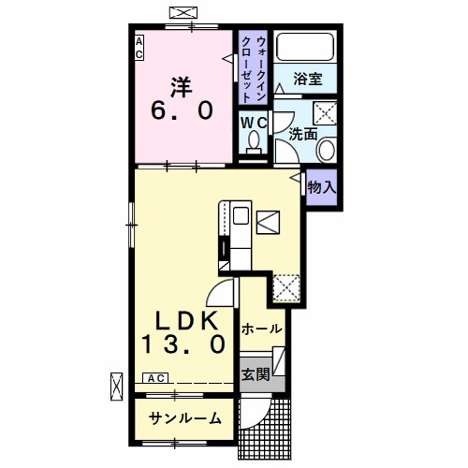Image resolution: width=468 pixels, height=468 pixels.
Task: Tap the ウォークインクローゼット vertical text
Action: click(253, 66)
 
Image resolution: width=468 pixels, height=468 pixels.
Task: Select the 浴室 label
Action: click(306, 80)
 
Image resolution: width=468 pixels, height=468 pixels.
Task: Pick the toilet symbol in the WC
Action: click(252, 143)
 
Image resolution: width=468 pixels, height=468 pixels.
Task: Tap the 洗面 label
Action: click(301, 133)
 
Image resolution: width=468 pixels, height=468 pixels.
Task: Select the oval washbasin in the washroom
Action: click(327, 150)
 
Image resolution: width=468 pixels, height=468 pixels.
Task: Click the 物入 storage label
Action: click(321, 186)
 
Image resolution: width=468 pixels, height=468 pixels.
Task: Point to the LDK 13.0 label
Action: click(184, 329)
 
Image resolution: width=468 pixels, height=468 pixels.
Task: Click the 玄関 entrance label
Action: click(255, 373)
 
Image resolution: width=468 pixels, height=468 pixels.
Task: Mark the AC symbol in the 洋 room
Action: click(139, 48)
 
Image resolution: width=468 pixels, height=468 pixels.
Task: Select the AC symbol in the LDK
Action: click(155, 378)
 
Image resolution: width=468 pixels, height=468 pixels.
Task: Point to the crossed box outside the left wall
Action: click(117, 385)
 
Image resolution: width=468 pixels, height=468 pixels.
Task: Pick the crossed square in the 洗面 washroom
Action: click(327, 114)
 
